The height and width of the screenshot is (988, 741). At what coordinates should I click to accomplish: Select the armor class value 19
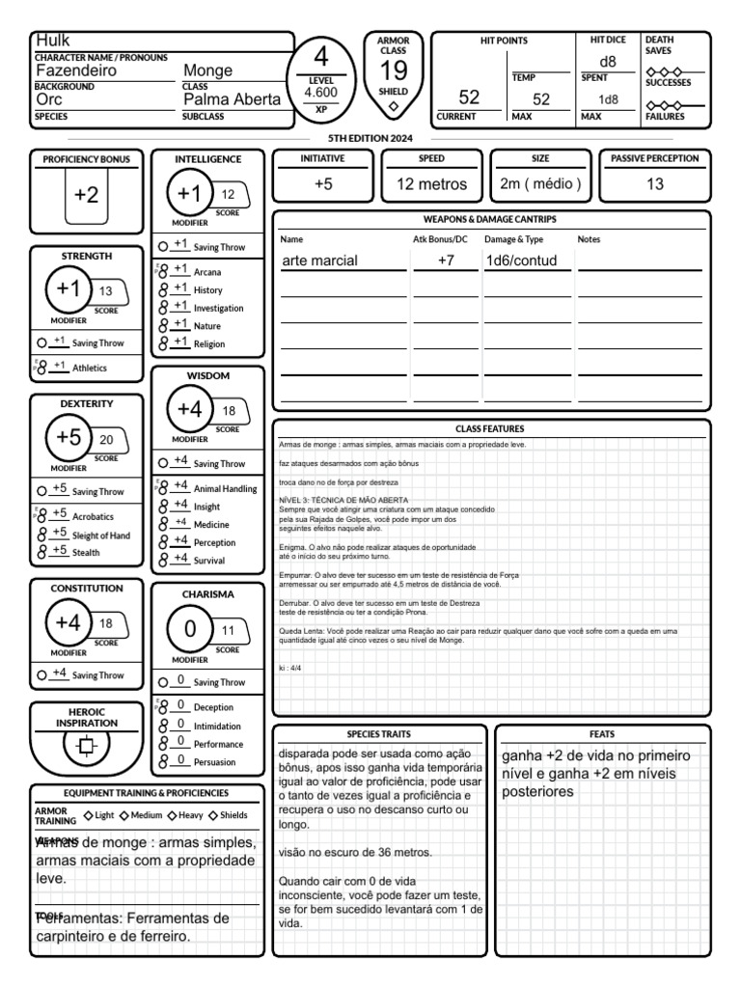click(393, 71)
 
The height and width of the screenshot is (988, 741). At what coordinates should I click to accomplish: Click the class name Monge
click(208, 70)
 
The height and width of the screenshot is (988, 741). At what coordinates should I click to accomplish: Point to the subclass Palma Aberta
click(232, 99)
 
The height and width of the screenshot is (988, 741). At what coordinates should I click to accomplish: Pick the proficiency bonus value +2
click(86, 195)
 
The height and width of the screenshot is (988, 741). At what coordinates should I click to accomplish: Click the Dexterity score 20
click(106, 440)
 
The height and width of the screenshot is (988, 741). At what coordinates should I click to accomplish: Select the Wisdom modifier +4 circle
click(189, 409)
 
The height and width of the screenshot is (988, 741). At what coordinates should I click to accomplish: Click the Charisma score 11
click(229, 630)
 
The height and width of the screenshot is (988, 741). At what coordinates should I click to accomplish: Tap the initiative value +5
click(323, 184)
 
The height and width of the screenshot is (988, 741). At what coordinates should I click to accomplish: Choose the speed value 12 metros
click(431, 184)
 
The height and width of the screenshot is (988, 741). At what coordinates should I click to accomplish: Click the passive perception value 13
click(654, 184)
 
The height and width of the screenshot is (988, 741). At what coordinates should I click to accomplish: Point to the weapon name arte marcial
click(319, 261)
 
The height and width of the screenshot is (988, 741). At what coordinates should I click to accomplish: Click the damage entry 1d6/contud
click(521, 261)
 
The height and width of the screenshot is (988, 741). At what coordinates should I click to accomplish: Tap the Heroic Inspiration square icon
click(86, 747)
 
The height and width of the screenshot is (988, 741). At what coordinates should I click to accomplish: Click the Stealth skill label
click(86, 553)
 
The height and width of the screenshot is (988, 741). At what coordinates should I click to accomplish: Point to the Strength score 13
click(106, 291)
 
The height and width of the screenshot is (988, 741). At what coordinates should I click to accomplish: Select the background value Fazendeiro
click(76, 70)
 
